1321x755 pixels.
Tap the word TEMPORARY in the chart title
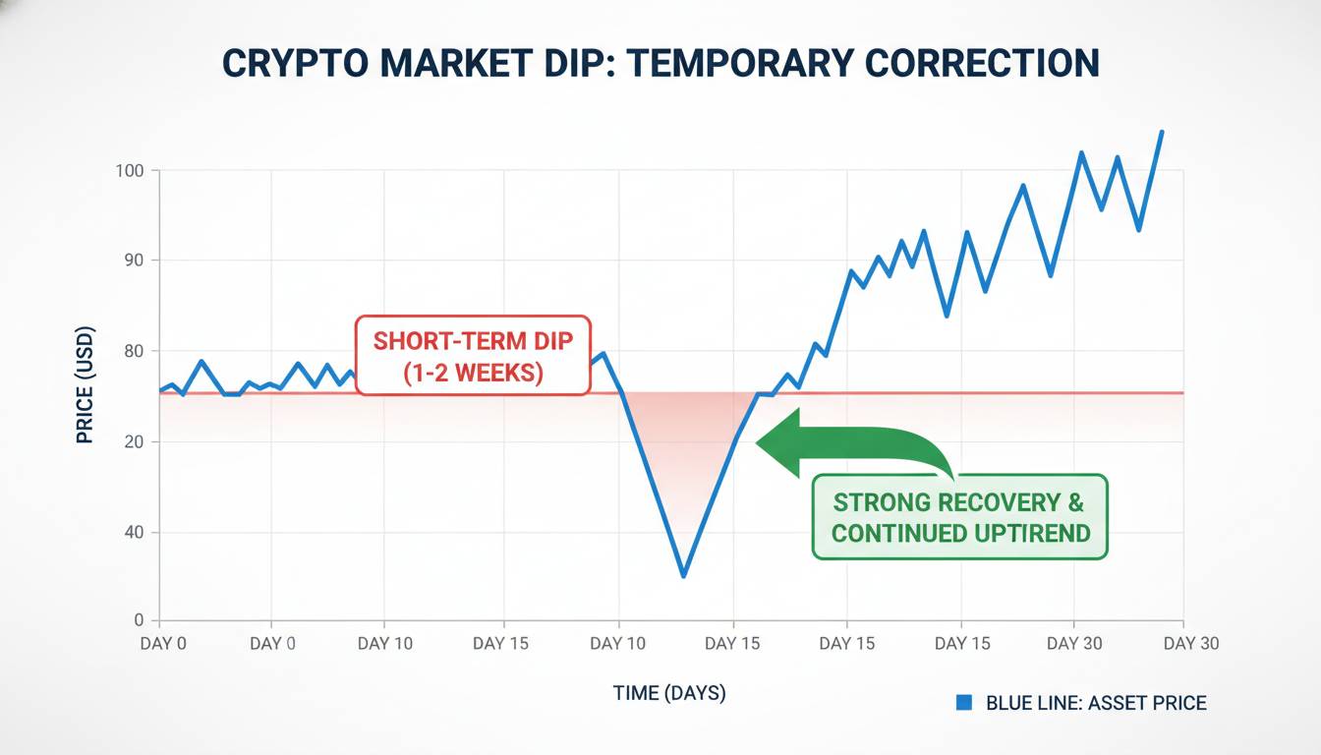tap(730, 62)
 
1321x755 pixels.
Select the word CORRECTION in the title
tap(984, 62)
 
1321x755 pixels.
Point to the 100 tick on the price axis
tap(130, 171)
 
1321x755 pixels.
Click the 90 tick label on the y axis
tap(134, 261)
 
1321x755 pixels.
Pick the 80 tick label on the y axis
tap(134, 352)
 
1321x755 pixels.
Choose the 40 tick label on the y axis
tap(134, 533)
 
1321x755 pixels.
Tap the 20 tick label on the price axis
tap(134, 442)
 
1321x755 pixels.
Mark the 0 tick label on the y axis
tap(140, 620)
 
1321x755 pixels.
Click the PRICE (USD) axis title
tap(85, 384)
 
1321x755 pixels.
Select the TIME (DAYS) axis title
tap(669, 693)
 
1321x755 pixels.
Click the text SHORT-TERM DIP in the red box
tap(473, 342)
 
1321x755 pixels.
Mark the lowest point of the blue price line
tap(683, 576)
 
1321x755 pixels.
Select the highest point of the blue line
tap(1162, 131)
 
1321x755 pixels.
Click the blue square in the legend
tap(964, 702)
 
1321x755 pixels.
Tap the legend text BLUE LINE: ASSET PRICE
tap(1096, 703)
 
